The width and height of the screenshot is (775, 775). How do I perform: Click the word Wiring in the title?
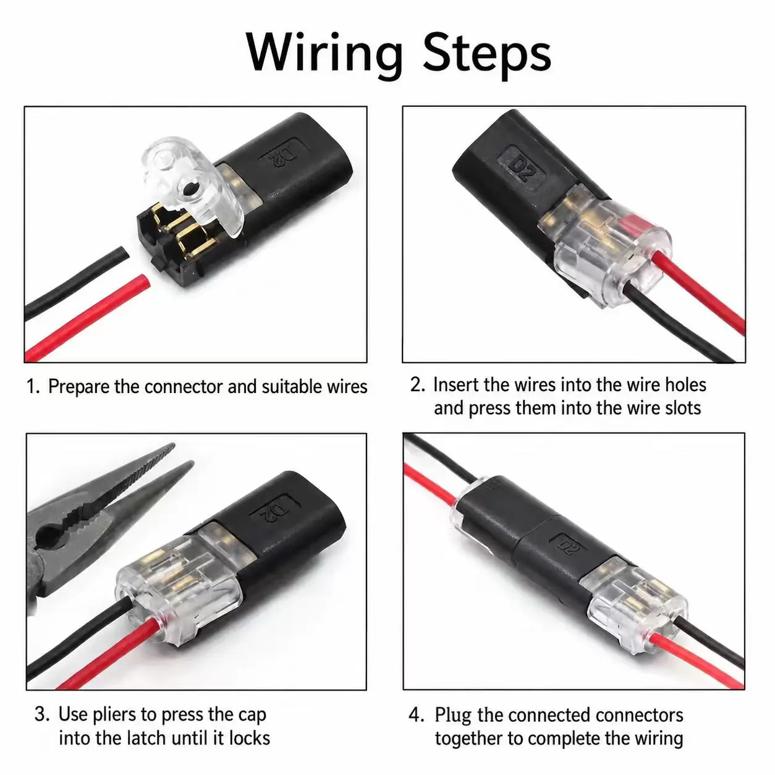324,54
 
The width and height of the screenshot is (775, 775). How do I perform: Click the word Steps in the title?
486,54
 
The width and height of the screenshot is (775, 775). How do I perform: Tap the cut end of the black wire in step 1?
122,255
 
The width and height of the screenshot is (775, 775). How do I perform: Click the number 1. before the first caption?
33,387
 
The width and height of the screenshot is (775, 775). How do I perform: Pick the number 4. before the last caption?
417,715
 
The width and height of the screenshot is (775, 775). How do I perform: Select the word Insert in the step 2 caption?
455,384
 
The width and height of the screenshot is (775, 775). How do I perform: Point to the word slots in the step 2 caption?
681,408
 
